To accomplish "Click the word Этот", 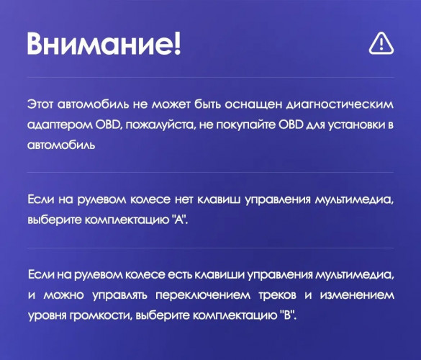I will coord(40,105).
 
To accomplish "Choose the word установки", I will coord(352,125).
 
